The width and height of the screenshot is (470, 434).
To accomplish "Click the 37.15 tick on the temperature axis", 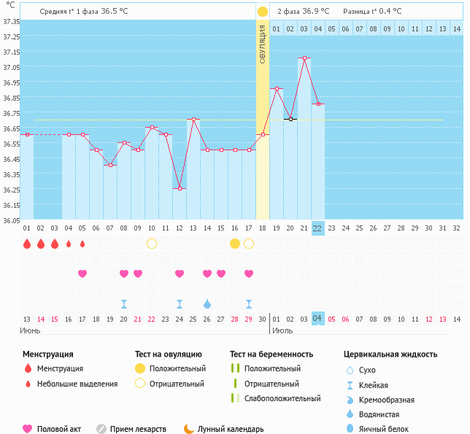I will coord(11,53).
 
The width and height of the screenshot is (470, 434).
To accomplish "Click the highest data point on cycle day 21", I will coord(304,58).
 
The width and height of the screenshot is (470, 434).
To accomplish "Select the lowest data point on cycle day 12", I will coord(180,188).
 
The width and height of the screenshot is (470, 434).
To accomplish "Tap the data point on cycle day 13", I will coord(193,119).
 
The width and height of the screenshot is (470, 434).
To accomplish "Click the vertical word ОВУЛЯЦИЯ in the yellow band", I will coord(263,44).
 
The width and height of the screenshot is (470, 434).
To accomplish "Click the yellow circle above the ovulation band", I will coord(263,12).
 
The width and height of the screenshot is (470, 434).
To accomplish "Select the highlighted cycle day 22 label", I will coord(317,228).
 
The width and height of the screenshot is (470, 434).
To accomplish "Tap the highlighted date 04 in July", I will coord(317,319).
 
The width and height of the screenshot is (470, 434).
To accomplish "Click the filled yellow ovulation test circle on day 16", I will coord(235,243).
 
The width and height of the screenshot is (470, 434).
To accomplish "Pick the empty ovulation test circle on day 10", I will coord(152,243).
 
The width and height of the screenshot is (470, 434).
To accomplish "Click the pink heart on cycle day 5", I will coord(82,274).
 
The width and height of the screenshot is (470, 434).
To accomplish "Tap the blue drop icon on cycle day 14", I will coord(207,303).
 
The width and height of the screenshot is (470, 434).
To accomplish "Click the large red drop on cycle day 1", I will coord(27,244).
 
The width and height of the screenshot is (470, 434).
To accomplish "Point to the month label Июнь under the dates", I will coord(31,330).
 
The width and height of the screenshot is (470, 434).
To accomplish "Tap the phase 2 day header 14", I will coord(456,28).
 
